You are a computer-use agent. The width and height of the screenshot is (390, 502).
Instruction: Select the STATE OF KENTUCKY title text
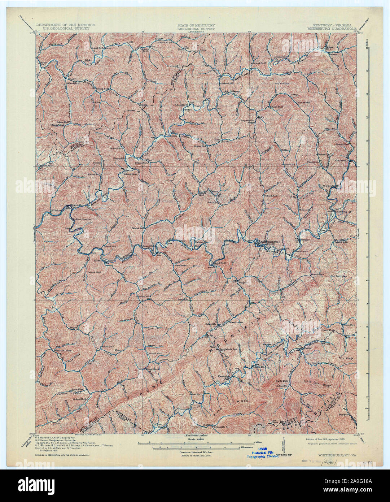click(x=196, y=25)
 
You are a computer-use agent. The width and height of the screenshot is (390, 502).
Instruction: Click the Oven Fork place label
click(x=326, y=330)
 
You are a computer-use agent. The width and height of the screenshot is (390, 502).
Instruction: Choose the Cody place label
click(x=71, y=79)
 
